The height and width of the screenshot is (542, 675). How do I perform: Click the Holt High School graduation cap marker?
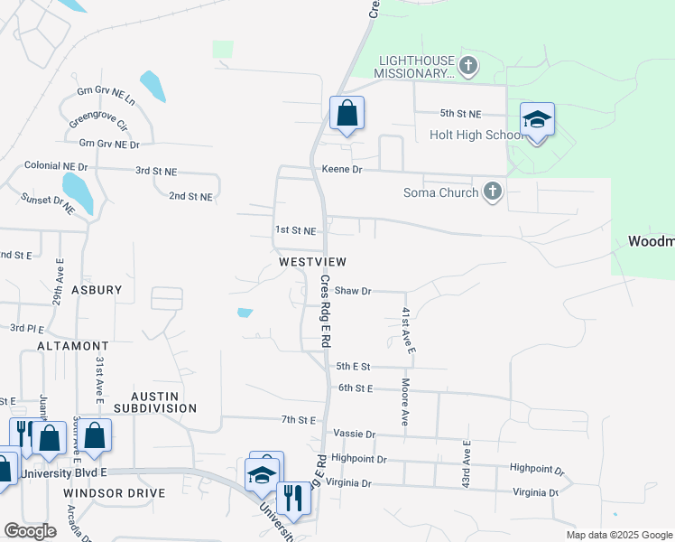click(x=537, y=120)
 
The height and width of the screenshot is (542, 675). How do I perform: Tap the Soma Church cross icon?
click(x=492, y=192)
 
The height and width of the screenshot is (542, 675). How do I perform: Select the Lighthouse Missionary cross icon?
click(x=467, y=65)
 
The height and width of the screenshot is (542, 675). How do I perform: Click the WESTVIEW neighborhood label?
click(x=313, y=261)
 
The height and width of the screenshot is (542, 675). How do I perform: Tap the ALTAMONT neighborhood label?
click(x=73, y=346)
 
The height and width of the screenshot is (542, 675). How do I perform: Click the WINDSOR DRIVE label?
click(x=115, y=493)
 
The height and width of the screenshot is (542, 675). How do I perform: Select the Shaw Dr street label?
click(x=353, y=291)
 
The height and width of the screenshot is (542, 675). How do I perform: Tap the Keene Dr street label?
click(x=342, y=169)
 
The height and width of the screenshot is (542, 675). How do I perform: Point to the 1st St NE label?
click(x=296, y=230)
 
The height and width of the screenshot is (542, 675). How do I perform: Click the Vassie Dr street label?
click(x=353, y=435)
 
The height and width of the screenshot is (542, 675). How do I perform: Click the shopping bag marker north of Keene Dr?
click(x=347, y=114)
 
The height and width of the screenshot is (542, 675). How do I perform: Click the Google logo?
click(x=30, y=531)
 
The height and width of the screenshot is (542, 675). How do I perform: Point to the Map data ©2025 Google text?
click(x=618, y=535)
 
